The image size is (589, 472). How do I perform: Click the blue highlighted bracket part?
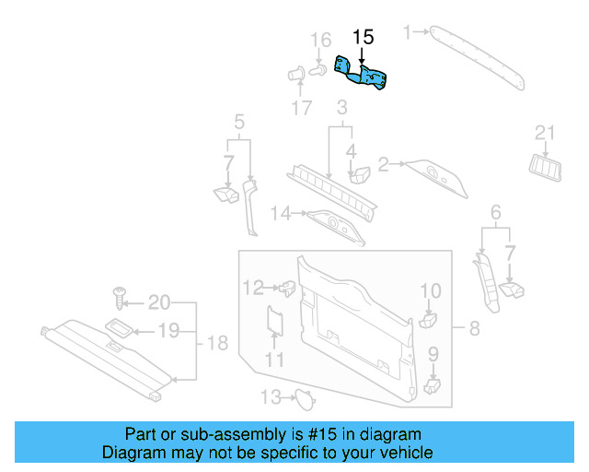tap(364, 75)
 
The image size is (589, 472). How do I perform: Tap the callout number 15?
tap(364, 37)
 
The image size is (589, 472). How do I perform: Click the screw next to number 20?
tap(120, 297)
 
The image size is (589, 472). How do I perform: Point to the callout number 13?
tap(269, 397)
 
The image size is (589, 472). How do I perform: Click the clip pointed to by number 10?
tap(428, 320)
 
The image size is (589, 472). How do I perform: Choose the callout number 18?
tap(216, 344)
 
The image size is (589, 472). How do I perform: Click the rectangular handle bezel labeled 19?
tap(121, 327)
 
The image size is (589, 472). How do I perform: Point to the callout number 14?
tap(280, 214)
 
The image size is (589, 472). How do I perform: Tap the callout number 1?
tap(408, 33)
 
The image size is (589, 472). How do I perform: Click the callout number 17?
tap(303, 108)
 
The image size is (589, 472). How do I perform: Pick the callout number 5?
tap(239, 122)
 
